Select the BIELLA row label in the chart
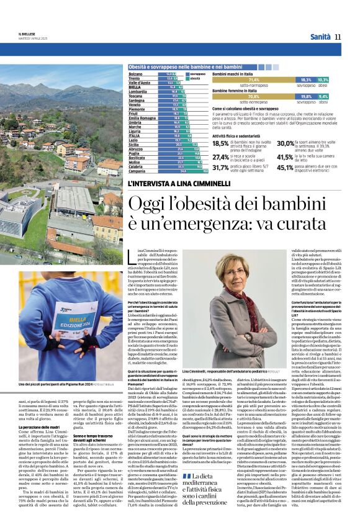click(135, 88)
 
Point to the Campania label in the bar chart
click(137, 171)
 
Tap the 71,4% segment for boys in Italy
click(254, 80)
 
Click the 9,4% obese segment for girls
click(323, 97)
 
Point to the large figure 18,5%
click(221, 143)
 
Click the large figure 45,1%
click(286, 167)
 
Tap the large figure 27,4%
click(221, 158)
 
